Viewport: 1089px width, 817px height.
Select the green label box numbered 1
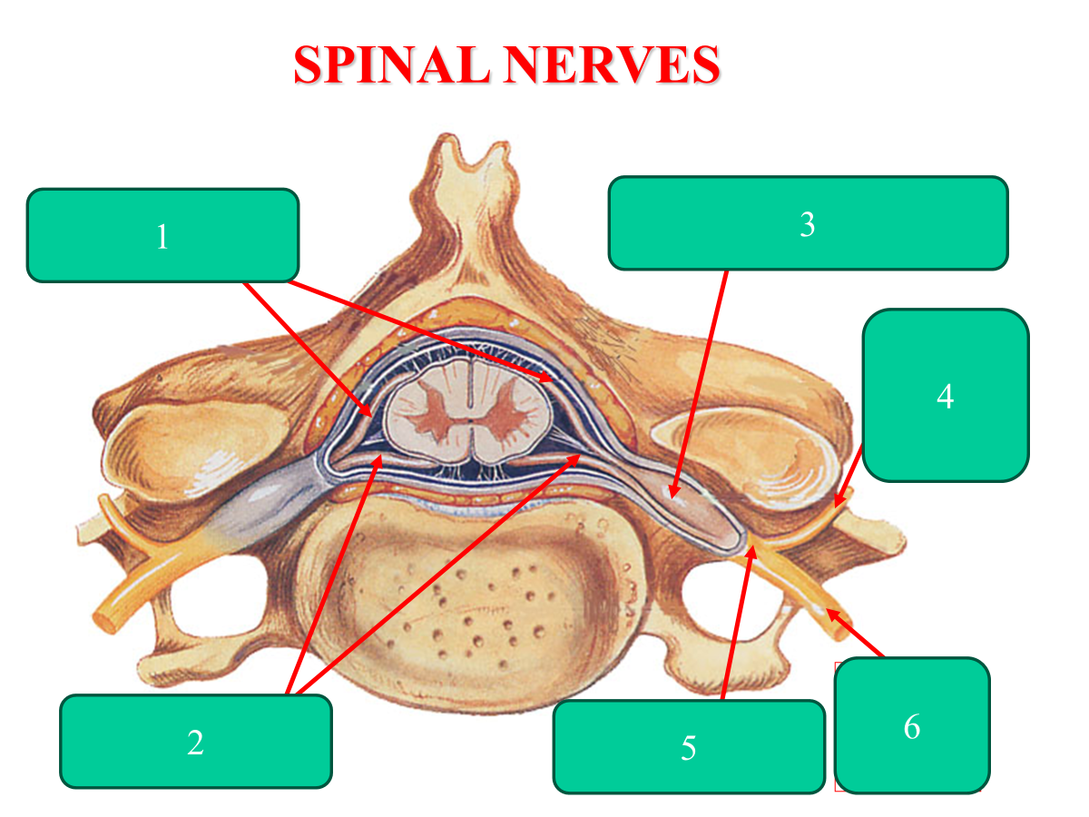pyautogui.click(x=163, y=235)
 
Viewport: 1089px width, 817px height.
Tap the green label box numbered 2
pyautogui.click(x=195, y=741)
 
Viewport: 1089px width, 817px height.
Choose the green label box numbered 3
pyautogui.click(x=808, y=223)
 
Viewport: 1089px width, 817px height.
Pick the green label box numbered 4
pyautogui.click(x=945, y=395)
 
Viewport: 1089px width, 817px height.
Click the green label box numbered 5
pyautogui.click(x=689, y=746)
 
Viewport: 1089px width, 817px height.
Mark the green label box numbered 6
pyautogui.click(x=911, y=725)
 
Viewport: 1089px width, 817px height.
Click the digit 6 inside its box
pyautogui.click(x=912, y=726)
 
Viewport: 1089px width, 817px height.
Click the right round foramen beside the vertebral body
pyautogui.click(x=726, y=599)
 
